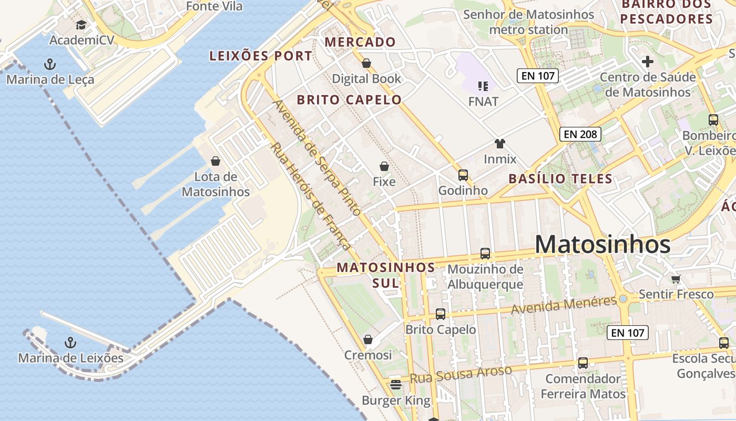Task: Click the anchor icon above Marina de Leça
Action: [50, 64]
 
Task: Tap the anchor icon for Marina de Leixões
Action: [70, 343]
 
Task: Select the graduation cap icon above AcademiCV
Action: [81, 25]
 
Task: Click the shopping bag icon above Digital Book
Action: [366, 63]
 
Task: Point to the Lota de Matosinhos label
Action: [216, 184]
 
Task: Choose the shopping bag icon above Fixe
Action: [384, 166]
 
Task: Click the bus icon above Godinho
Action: [463, 175]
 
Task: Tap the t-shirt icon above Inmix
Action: [499, 143]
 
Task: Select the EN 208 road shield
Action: [580, 134]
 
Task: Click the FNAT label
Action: [483, 101]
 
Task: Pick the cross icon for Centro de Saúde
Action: [648, 62]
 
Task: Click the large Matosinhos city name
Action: [602, 245]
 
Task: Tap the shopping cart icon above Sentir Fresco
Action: [676, 278]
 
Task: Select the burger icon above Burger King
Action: [396, 385]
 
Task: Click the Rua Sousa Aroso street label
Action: [461, 374]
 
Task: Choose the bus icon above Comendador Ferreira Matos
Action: [583, 363]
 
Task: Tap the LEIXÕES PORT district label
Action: [261, 56]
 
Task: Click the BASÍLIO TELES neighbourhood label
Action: [560, 178]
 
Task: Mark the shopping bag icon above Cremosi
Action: [368, 339]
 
